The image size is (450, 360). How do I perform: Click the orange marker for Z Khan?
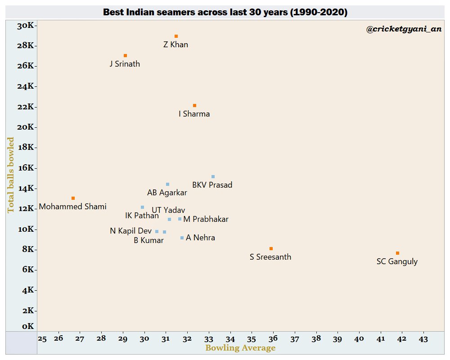pyautogui.click(x=176, y=36)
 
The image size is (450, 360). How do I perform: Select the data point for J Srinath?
pyautogui.click(x=125, y=55)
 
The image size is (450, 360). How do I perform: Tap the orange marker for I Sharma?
pyautogui.click(x=194, y=105)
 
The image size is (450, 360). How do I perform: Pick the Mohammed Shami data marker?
pyautogui.click(x=73, y=198)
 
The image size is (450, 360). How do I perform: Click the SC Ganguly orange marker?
pyautogui.click(x=397, y=253)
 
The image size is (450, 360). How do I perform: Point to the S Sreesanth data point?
pyautogui.click(x=271, y=248)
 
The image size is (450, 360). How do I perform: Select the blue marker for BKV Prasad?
pyautogui.click(x=213, y=176)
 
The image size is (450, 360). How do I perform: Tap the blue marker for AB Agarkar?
pyautogui.click(x=167, y=184)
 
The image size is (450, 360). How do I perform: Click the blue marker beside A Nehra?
pyautogui.click(x=182, y=238)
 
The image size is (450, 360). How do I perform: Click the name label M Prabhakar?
pyautogui.click(x=206, y=220)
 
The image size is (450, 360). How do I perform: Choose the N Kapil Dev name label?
pyautogui.click(x=131, y=231)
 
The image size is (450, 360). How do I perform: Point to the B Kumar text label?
pyautogui.click(x=149, y=240)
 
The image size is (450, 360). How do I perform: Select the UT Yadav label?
pyautogui.click(x=168, y=210)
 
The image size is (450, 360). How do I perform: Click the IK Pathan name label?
pyautogui.click(x=142, y=216)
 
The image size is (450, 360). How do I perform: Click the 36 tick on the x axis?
pyautogui.click(x=273, y=338)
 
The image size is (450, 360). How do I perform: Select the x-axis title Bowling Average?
pyautogui.click(x=240, y=348)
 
